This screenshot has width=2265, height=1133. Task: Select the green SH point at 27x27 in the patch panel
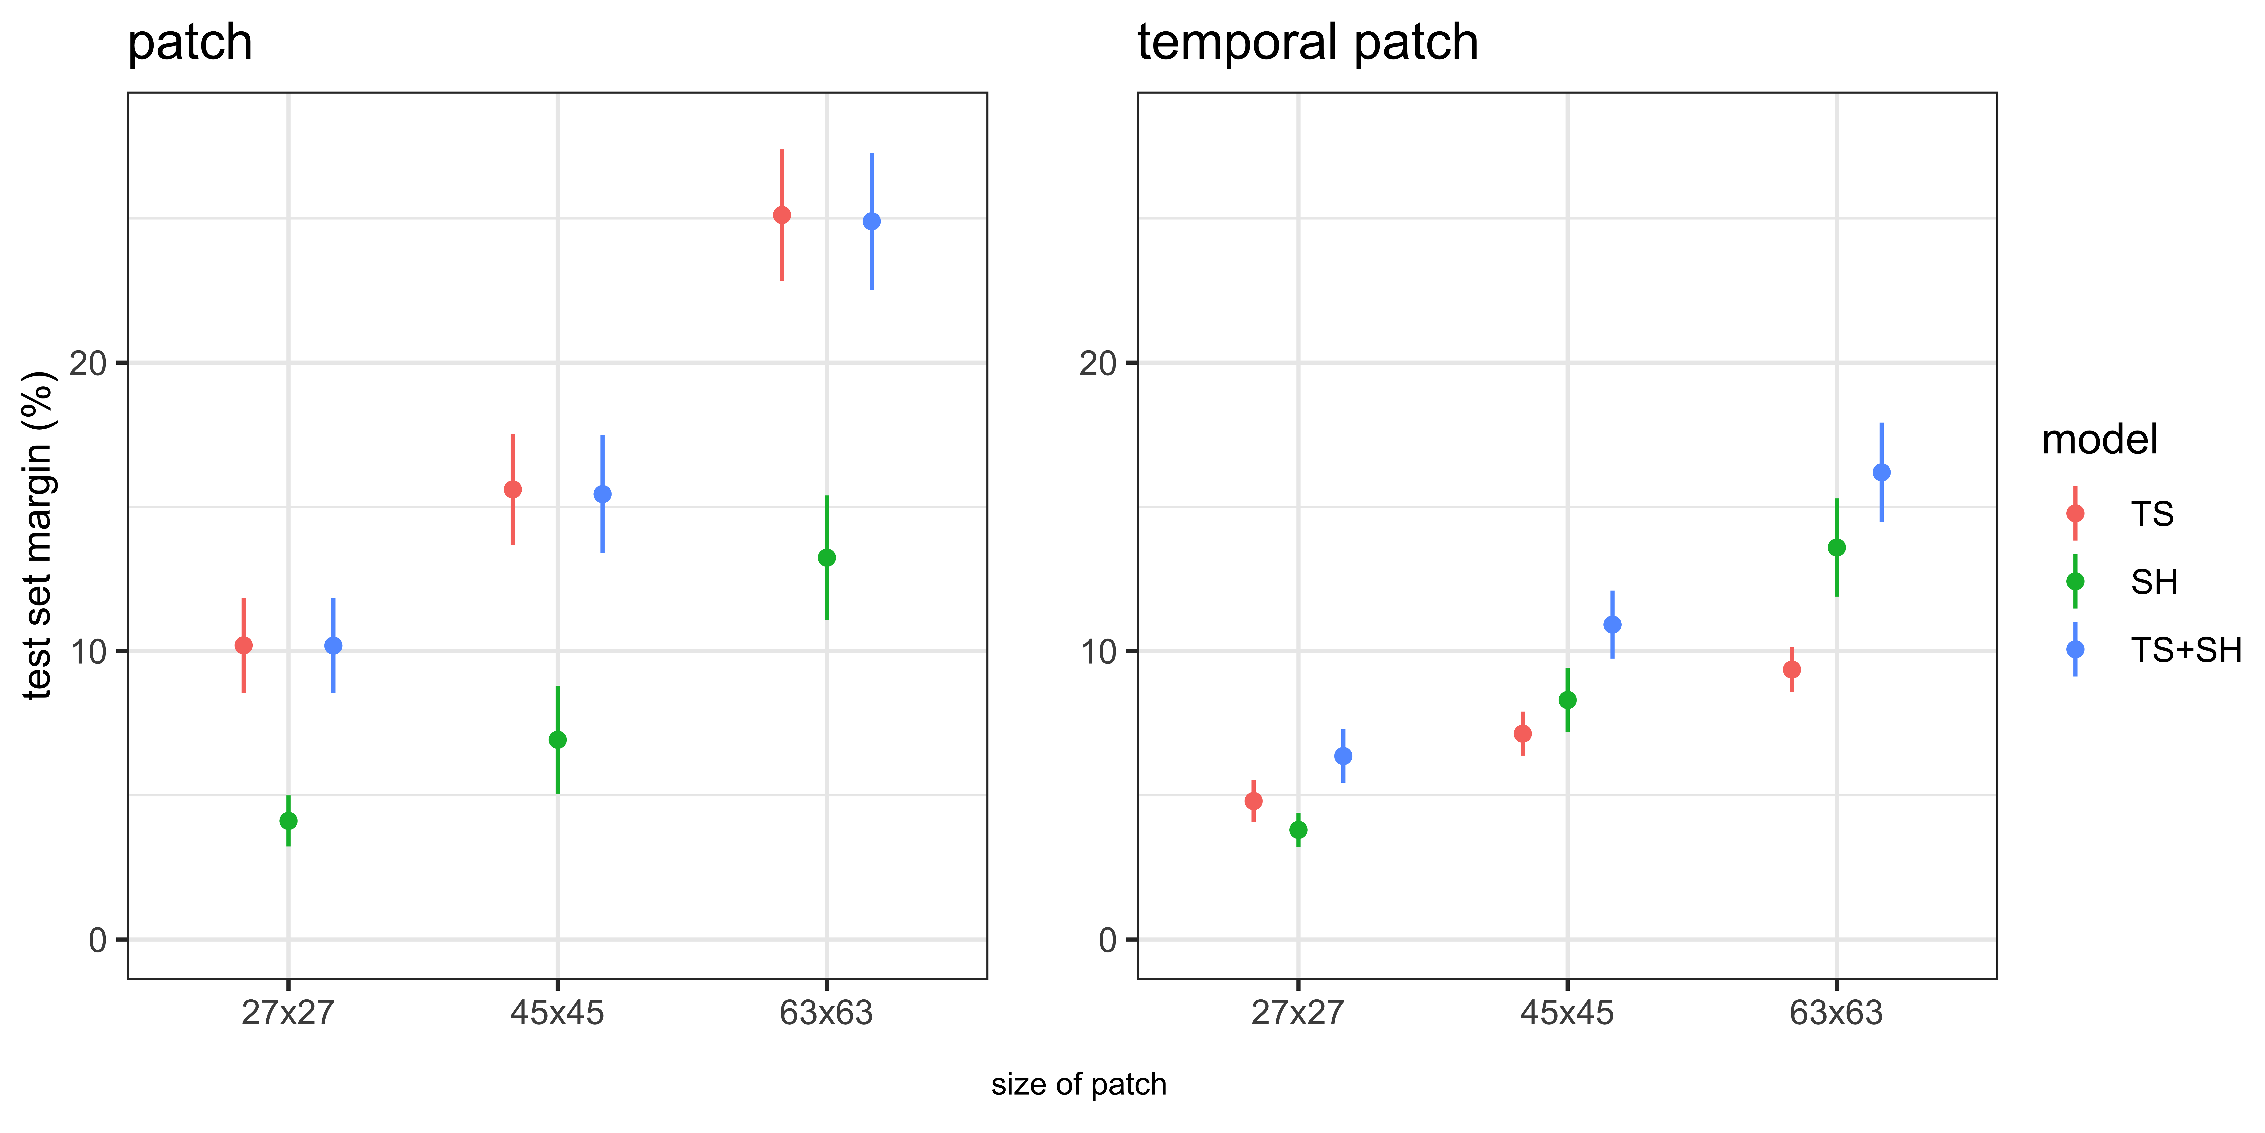(x=288, y=821)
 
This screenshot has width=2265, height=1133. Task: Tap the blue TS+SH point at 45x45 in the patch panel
(x=602, y=494)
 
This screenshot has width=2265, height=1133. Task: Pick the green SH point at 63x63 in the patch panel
(x=826, y=558)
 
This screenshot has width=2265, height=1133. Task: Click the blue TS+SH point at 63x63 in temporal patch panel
(x=1882, y=472)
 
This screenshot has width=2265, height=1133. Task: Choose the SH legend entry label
(x=2154, y=581)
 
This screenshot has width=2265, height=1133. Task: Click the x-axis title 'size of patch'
(x=1079, y=1085)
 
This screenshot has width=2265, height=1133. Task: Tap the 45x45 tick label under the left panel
(x=558, y=1013)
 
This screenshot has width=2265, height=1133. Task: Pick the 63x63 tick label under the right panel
(x=1837, y=1013)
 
